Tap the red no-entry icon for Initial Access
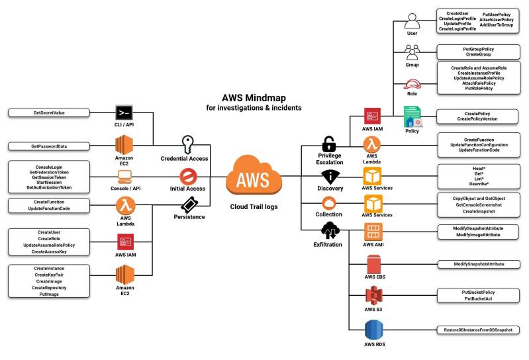(187, 176)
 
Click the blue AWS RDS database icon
(374, 330)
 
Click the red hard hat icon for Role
(412, 84)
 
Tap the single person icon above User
(412, 20)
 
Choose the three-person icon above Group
(412, 52)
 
